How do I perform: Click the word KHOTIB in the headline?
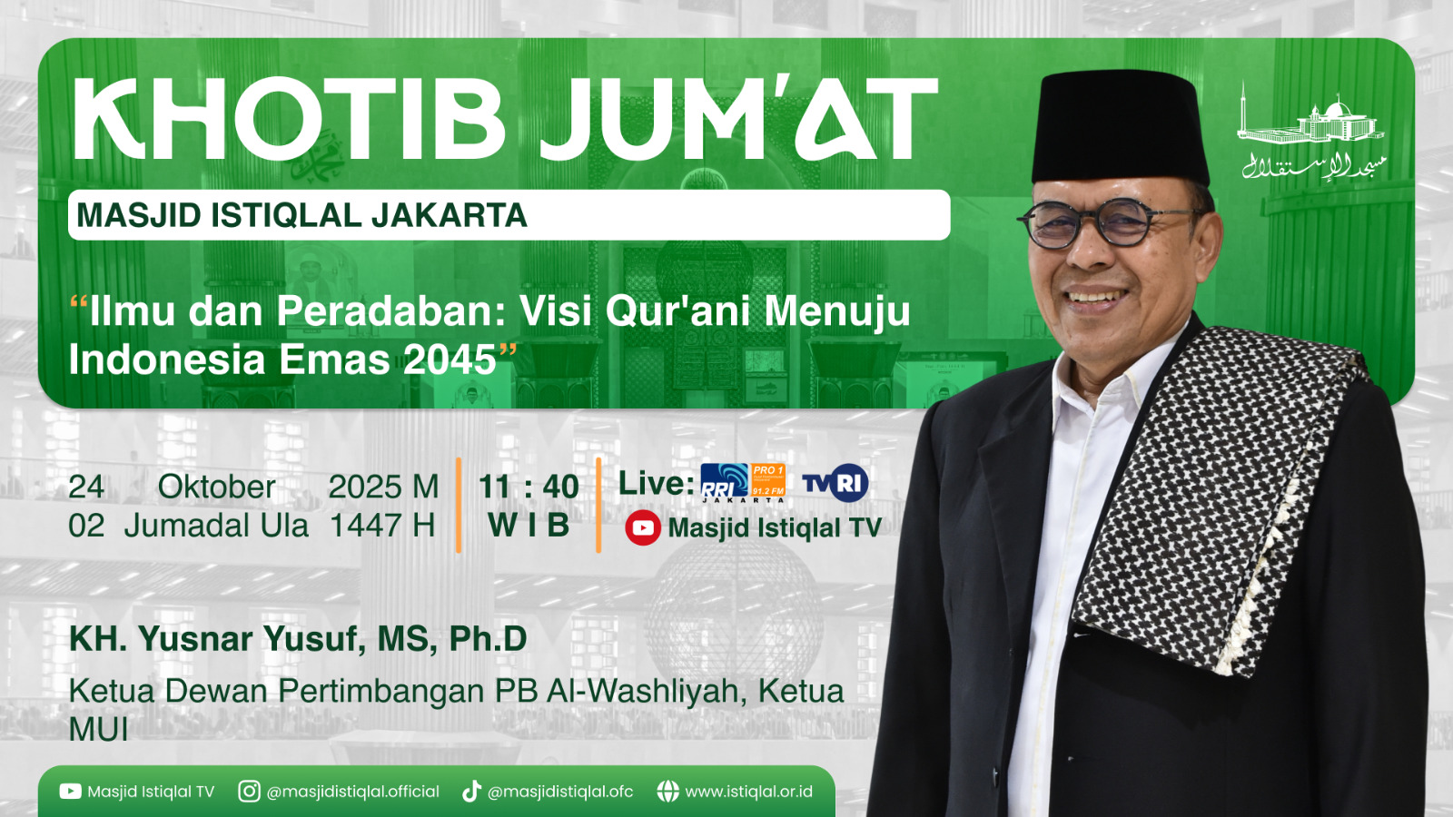[289, 120]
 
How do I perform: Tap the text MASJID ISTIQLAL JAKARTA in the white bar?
[301, 215]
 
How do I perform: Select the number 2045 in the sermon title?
[450, 359]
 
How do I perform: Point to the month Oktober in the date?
[216, 487]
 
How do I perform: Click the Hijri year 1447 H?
[382, 526]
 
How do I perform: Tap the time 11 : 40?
[529, 487]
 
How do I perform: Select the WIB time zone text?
[529, 526]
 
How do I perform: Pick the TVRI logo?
[835, 483]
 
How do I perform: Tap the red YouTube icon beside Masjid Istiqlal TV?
[643, 527]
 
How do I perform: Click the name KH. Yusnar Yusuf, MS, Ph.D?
[298, 639]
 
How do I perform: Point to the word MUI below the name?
[98, 730]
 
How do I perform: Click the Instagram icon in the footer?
[249, 792]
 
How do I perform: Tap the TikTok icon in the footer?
[471, 792]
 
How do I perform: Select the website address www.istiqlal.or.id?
[748, 792]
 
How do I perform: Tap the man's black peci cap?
[1119, 127]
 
